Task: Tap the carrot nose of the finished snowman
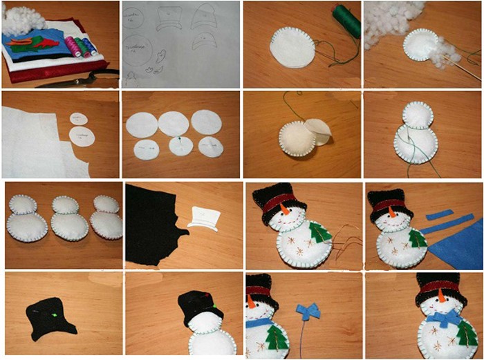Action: point(441,299)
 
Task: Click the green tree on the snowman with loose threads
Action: point(319,231)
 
